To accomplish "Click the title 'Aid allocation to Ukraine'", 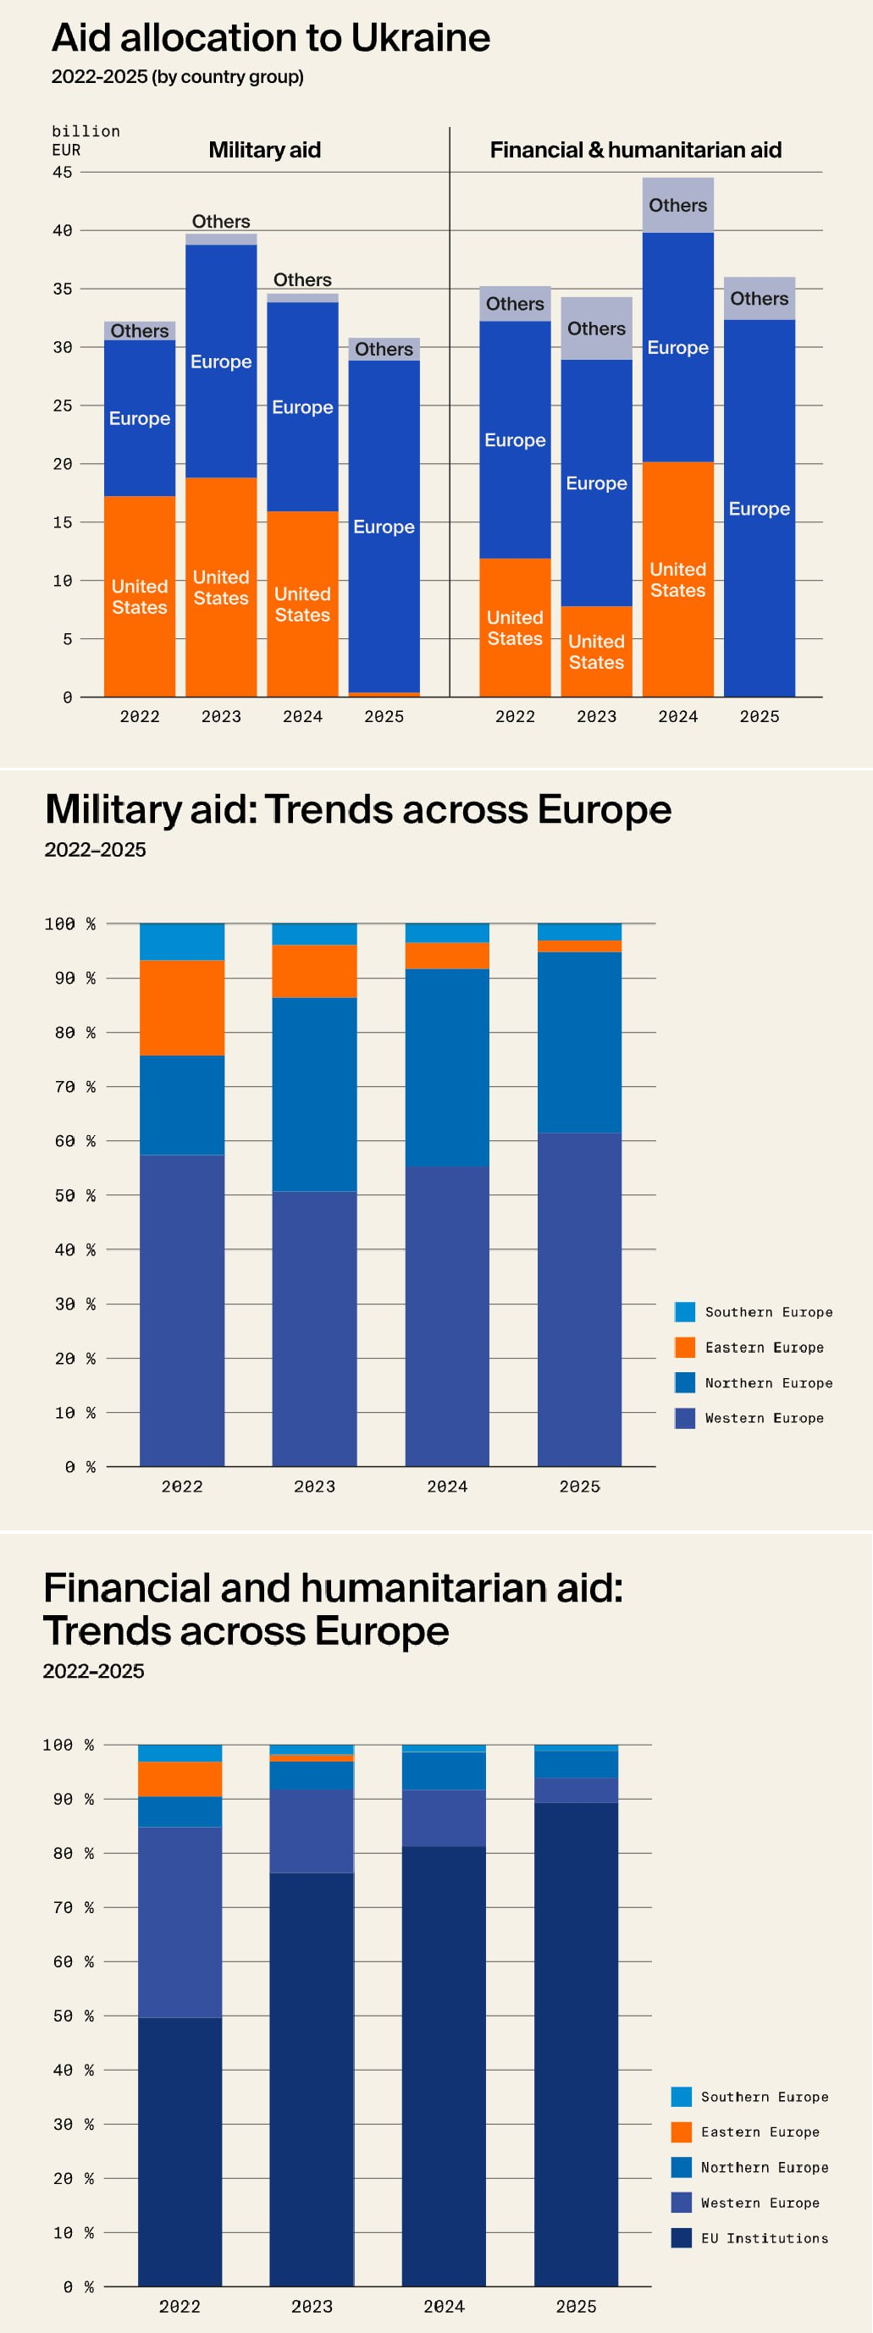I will [271, 38].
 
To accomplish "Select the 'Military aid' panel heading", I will [264, 151].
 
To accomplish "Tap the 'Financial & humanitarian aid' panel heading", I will [635, 151].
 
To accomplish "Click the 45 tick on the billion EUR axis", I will [63, 172].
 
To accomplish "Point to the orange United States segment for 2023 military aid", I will [221, 587].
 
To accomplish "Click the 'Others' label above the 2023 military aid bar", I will [221, 222].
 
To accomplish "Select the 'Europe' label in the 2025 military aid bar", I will [384, 527].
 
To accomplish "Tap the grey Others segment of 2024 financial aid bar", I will [677, 206].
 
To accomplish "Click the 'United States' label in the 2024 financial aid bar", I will [677, 580].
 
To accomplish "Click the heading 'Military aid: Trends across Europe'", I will [357, 809].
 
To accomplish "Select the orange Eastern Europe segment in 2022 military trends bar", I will [182, 1007].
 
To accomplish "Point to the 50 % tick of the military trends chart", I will [70, 1195].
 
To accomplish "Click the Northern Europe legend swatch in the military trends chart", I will [685, 1383].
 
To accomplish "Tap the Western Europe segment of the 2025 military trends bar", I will [579, 1299].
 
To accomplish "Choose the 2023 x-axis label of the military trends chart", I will [314, 1486].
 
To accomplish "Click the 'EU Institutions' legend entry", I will [764, 2238].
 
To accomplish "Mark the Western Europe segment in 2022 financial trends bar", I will [180, 1922].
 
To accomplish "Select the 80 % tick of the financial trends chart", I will [69, 1853].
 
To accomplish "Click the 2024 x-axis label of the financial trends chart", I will [444, 2307].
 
